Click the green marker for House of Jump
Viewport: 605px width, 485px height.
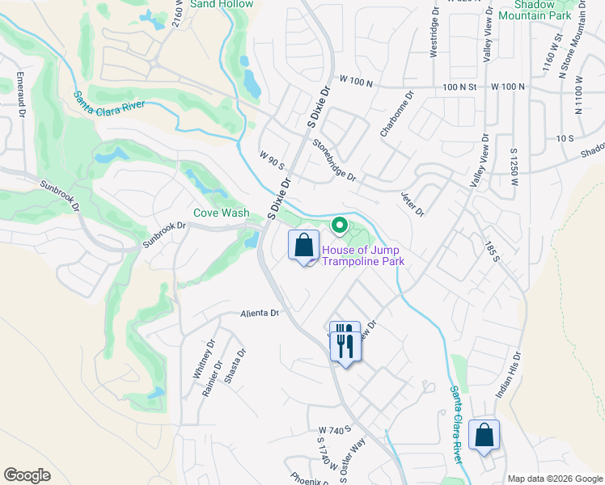(341, 225)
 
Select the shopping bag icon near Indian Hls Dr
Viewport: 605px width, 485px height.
(484, 436)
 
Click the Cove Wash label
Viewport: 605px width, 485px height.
(221, 213)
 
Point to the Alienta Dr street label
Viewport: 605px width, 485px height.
(259, 313)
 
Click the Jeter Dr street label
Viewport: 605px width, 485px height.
(412, 204)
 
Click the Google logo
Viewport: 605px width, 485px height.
(27, 475)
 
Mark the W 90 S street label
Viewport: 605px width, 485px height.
(273, 160)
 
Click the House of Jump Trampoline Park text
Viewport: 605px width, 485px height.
(362, 255)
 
